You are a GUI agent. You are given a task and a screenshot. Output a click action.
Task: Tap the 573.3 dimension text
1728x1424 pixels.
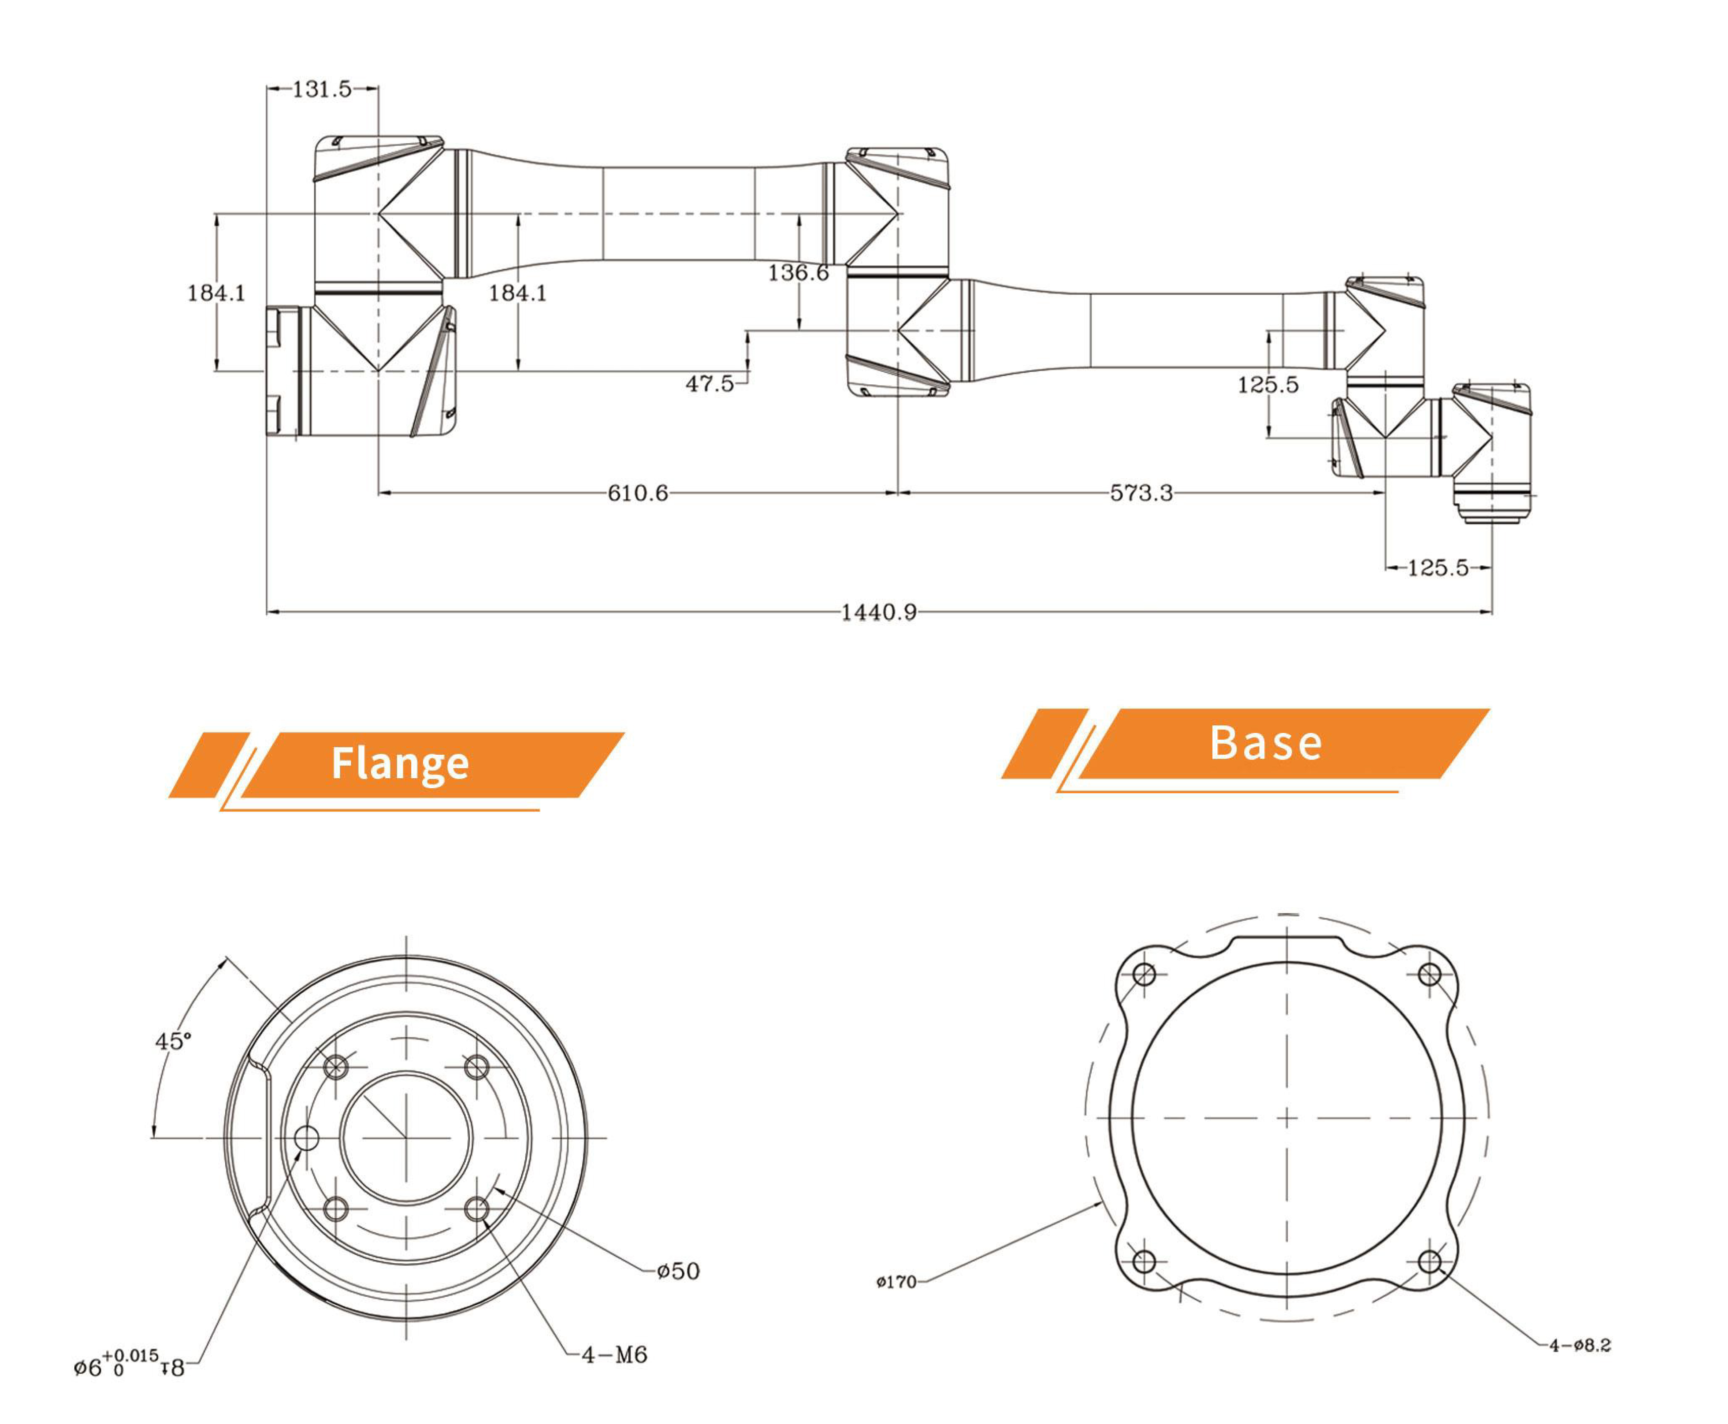1141,493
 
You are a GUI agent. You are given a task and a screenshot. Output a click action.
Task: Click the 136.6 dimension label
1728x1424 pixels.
798,272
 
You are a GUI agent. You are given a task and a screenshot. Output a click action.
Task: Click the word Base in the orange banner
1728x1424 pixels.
1265,743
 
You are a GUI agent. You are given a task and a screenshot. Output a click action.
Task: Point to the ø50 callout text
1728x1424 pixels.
678,1271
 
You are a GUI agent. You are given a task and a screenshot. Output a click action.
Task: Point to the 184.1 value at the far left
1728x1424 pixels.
217,293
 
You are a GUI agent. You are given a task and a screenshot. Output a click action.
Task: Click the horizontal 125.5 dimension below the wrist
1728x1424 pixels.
1438,568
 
